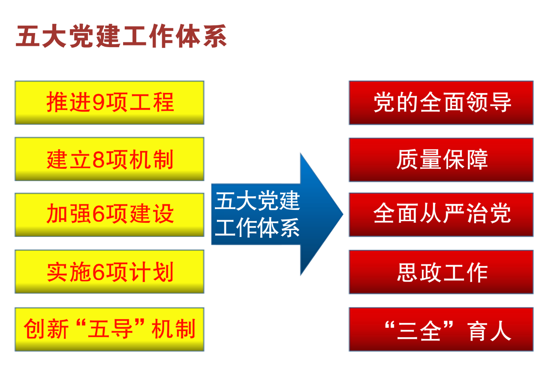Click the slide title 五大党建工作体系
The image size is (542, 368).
coord(121,36)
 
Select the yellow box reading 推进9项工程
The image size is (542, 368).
coord(109,103)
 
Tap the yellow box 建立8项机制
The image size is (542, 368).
coord(109,159)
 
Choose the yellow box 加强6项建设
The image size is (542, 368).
coord(109,215)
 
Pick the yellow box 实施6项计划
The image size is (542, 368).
coord(109,272)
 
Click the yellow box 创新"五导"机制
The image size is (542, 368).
coord(109,329)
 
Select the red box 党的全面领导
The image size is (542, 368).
coord(441,103)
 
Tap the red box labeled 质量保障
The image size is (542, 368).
coord(441,160)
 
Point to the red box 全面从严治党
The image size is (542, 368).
coord(441,215)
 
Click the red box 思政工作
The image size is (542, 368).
coord(441,272)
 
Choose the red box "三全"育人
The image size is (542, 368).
coord(441,329)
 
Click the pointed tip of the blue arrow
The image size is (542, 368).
coord(343,214)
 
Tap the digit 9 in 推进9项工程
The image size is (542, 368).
coord(99,102)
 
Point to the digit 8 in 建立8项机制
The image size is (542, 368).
coord(99,159)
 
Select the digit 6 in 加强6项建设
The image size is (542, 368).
coord(99,213)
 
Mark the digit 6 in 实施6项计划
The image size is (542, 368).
coord(99,272)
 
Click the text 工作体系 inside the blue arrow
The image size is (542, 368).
coord(257,227)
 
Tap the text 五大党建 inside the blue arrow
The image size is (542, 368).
coord(257,200)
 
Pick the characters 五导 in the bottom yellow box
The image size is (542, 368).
coord(111,329)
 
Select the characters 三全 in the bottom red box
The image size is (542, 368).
coord(419,331)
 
